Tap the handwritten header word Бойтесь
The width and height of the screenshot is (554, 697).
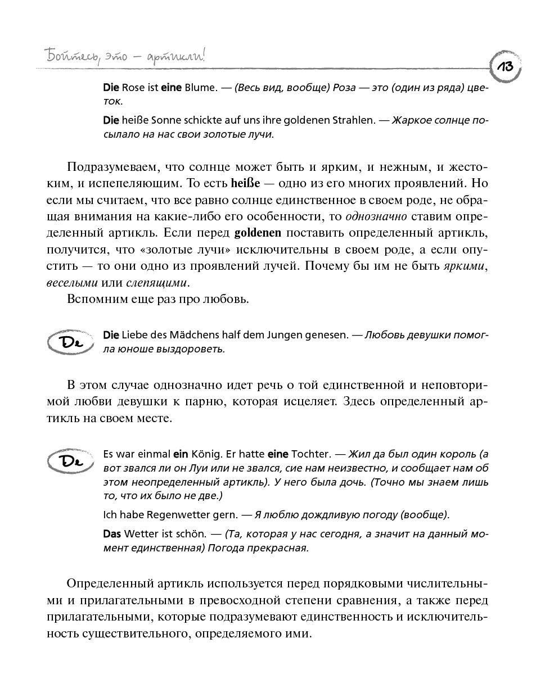tap(64, 57)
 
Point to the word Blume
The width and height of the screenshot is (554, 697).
tap(200, 88)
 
